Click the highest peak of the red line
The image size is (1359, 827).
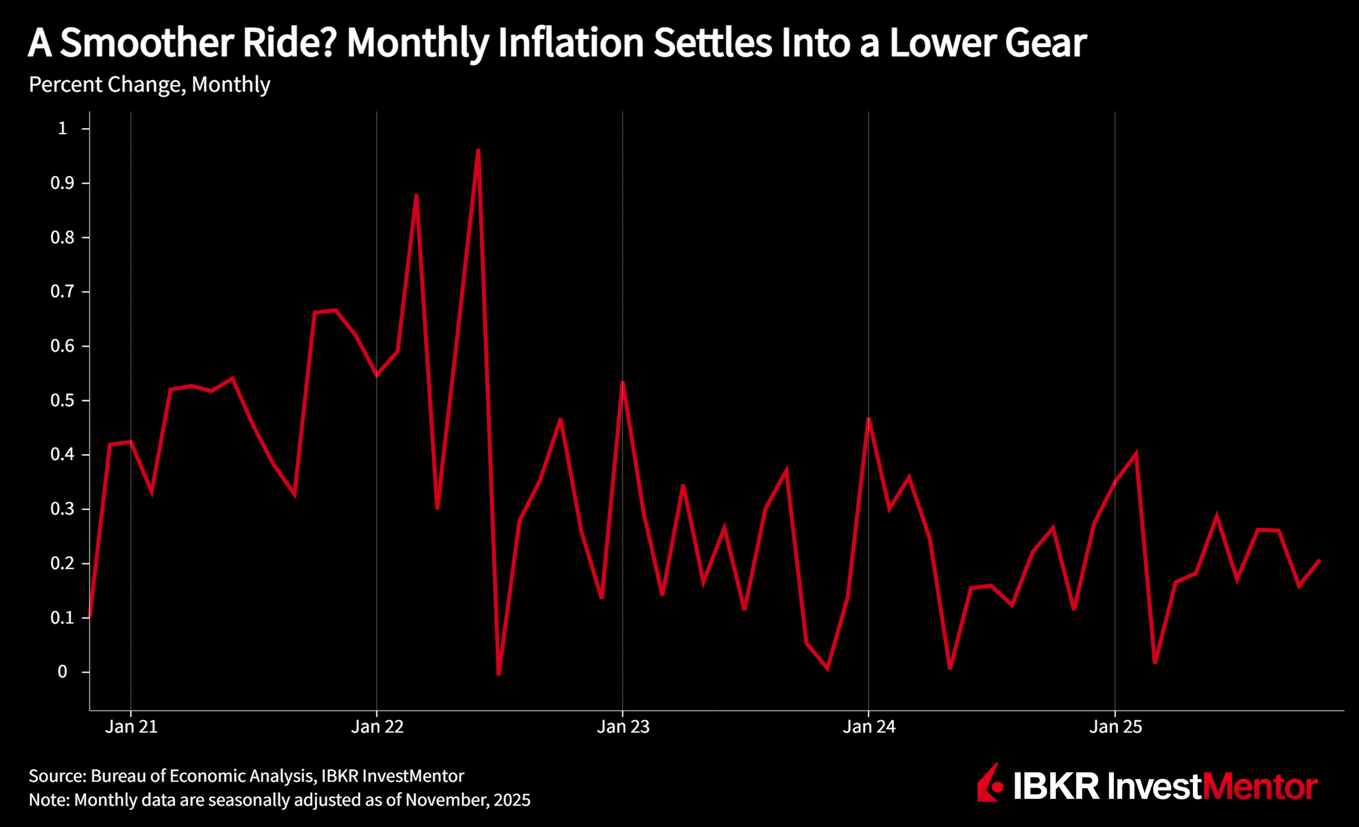coord(478,150)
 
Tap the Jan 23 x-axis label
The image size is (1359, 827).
coord(623,726)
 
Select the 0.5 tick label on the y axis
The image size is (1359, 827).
coord(62,400)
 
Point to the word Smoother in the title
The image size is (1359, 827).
coord(147,43)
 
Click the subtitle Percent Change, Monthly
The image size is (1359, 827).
coord(149,84)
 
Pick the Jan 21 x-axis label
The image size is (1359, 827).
coord(131,726)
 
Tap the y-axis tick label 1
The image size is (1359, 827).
coord(62,129)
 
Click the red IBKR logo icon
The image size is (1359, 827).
coord(989,783)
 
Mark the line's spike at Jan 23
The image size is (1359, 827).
coord(623,382)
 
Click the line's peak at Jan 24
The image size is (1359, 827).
coord(869,419)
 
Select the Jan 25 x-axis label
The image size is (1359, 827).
coord(1115,726)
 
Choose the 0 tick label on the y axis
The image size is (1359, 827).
coord(62,672)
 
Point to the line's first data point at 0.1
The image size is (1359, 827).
coord(90,616)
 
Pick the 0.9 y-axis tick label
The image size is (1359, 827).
coord(62,183)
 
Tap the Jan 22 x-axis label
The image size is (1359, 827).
coord(377,726)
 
